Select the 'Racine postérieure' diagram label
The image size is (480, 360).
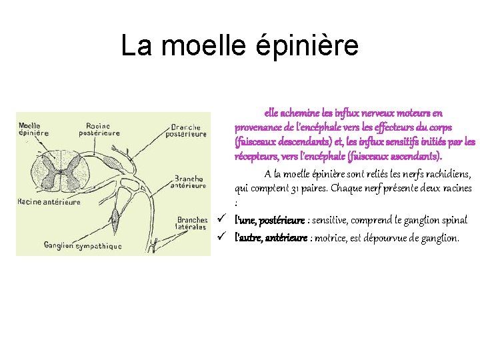(103, 129)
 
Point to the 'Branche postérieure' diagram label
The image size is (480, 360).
(189, 130)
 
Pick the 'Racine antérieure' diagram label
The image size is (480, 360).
(49, 201)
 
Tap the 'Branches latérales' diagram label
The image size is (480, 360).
(192, 223)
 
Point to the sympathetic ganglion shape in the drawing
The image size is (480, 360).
(115, 217)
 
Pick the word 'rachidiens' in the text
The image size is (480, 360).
(447, 175)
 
